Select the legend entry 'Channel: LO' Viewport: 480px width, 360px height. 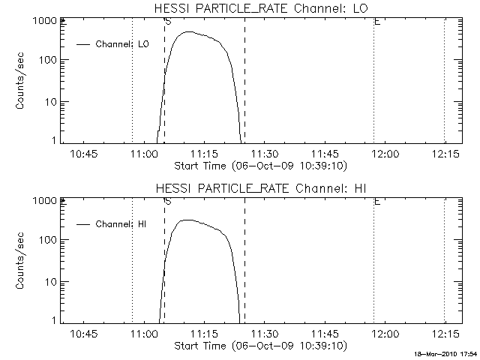(122, 44)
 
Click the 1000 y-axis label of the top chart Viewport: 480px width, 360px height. (43, 21)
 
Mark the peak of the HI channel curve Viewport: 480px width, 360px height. (187, 220)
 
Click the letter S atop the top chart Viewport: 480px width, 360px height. (167, 22)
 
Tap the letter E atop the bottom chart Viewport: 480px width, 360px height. (376, 201)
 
